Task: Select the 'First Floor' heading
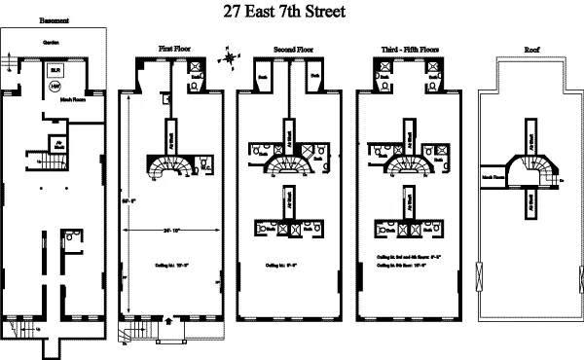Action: [176, 48]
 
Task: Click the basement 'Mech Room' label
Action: [73, 99]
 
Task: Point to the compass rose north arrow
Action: [230, 56]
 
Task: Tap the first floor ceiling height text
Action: [176, 262]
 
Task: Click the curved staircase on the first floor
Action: [166, 167]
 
